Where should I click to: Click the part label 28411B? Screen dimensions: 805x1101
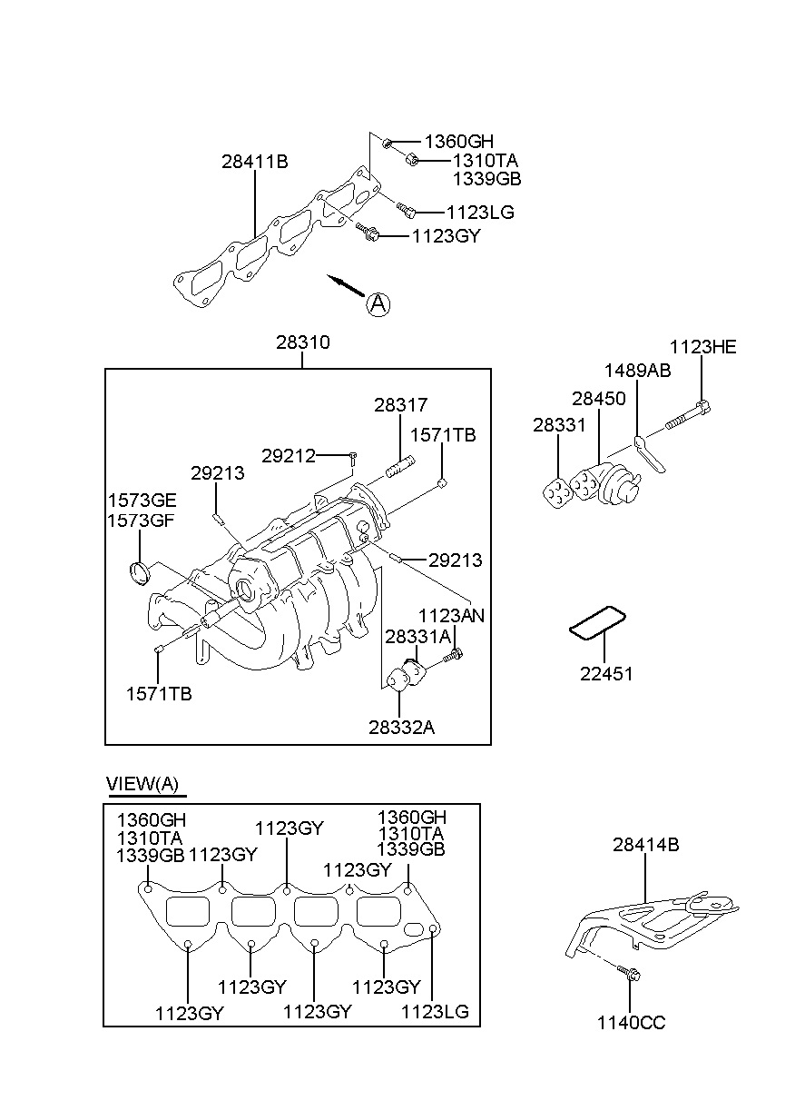(254, 161)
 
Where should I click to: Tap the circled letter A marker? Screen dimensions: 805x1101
(378, 304)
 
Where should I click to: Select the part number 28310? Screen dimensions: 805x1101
(302, 342)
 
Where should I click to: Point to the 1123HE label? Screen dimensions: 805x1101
(702, 347)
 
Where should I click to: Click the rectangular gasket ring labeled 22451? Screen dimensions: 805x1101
(597, 624)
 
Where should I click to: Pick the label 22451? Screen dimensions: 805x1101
(606, 673)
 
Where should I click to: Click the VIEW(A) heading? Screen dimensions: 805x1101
(142, 783)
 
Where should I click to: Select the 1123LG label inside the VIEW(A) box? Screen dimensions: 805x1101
(435, 1012)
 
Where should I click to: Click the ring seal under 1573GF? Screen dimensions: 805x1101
(141, 573)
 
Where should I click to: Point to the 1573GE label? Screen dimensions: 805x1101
(142, 500)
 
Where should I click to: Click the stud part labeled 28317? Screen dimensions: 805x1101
(401, 466)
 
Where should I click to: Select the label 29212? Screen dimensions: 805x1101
(289, 456)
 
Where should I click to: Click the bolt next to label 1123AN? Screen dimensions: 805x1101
(454, 655)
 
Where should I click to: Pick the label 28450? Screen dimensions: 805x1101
(599, 398)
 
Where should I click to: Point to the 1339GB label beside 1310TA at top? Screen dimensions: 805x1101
(486, 179)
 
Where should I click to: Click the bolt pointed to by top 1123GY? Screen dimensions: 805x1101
(368, 232)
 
